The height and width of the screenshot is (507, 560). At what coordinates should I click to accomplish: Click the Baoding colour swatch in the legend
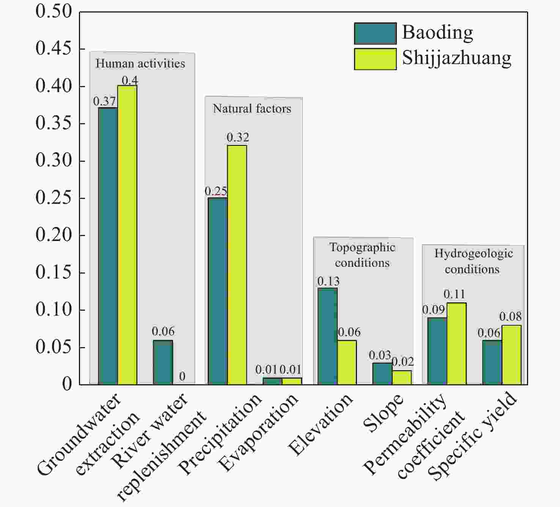pyautogui.click(x=375, y=33)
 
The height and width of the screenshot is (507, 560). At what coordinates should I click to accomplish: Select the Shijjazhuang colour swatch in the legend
pyautogui.click(x=375, y=59)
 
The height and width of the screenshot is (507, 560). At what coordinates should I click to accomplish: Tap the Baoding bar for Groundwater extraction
pyautogui.click(x=108, y=246)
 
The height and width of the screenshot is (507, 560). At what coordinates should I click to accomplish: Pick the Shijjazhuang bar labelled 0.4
pyautogui.click(x=127, y=235)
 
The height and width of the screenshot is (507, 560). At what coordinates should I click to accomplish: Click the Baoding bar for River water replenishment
pyautogui.click(x=163, y=363)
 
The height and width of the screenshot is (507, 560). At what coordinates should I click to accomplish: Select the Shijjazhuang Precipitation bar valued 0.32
pyautogui.click(x=237, y=265)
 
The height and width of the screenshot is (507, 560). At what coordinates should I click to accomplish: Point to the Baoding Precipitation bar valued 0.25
pyautogui.click(x=218, y=291)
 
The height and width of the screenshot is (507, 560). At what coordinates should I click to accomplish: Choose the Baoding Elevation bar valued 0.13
pyautogui.click(x=327, y=336)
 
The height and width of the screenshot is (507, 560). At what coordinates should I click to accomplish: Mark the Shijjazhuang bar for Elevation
pyautogui.click(x=347, y=363)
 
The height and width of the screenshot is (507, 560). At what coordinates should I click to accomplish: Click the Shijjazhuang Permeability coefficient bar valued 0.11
pyautogui.click(x=456, y=344)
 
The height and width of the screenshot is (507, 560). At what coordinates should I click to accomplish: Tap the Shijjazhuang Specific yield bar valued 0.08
pyautogui.click(x=511, y=355)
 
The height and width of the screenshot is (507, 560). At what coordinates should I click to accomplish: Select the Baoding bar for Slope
pyautogui.click(x=382, y=374)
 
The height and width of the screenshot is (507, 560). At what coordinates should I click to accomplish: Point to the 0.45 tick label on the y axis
pyautogui.click(x=53, y=49)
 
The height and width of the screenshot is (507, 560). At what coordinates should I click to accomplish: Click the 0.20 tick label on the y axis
pyautogui.click(x=53, y=235)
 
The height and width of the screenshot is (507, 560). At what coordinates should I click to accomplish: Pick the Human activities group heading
pyautogui.click(x=140, y=63)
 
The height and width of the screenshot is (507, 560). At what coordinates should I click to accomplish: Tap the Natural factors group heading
pyautogui.click(x=252, y=109)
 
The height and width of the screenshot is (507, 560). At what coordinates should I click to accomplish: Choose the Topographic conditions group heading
pyautogui.click(x=362, y=255)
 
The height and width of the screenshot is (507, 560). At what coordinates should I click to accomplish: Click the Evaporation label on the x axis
pyautogui.click(x=259, y=432)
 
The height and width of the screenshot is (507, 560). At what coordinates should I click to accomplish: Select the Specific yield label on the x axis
pyautogui.click(x=472, y=436)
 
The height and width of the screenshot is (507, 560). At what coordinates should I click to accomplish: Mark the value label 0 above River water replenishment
pyautogui.click(x=182, y=376)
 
